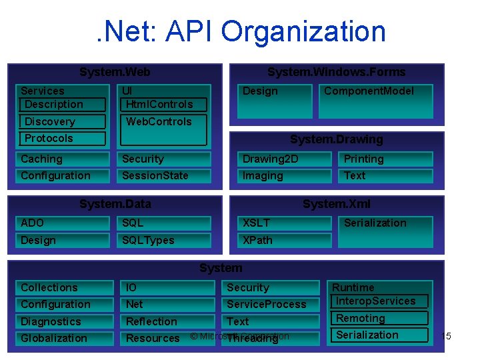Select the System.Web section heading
115,72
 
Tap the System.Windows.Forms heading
336,72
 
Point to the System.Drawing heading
336,139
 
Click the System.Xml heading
336,204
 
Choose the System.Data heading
115,204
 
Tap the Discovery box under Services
63,122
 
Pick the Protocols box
63,139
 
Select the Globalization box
64,339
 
